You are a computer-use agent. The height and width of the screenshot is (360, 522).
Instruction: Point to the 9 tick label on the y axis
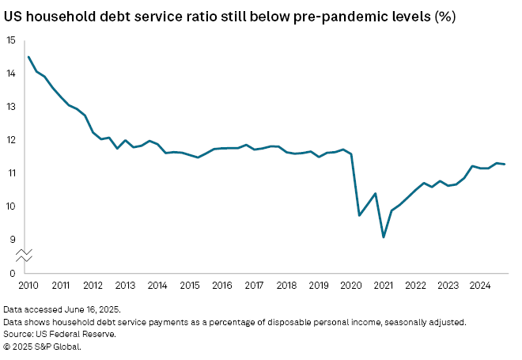(x=12, y=240)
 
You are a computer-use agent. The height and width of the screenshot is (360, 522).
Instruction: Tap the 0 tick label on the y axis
(x=12, y=273)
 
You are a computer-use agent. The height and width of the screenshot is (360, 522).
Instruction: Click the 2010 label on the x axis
(x=28, y=285)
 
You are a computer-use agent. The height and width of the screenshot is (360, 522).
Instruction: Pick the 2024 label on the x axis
(x=480, y=285)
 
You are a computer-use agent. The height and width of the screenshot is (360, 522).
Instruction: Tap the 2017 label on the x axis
(x=254, y=285)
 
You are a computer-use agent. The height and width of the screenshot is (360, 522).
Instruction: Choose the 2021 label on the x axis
(x=383, y=285)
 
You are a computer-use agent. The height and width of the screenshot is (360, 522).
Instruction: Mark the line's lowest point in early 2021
(x=384, y=237)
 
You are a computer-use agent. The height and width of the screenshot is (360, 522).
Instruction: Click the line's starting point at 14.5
(x=28, y=56)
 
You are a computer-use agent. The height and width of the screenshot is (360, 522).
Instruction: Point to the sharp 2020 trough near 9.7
(x=360, y=215)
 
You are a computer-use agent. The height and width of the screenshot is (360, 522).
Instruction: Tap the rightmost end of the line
(x=505, y=165)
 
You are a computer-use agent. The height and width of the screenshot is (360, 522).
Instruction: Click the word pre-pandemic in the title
(x=333, y=16)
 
